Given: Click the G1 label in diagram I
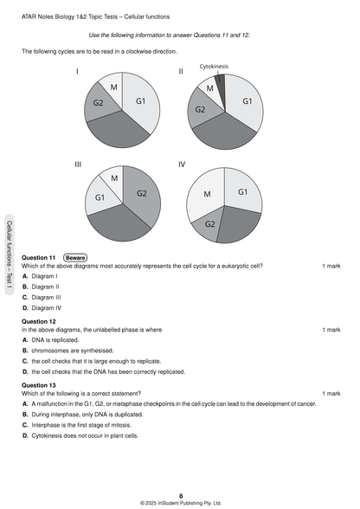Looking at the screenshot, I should point(140,101).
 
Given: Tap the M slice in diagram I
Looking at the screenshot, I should point(112,87).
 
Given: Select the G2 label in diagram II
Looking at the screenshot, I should point(200,110).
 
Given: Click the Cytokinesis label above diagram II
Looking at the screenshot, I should point(214,66).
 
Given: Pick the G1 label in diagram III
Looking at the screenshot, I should point(100,198).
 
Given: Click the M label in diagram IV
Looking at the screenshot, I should point(207,195).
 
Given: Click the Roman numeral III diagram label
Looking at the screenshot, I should point(78,163).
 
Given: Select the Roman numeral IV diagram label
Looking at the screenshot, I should point(182,163).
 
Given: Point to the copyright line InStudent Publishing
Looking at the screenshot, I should point(180,502).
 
